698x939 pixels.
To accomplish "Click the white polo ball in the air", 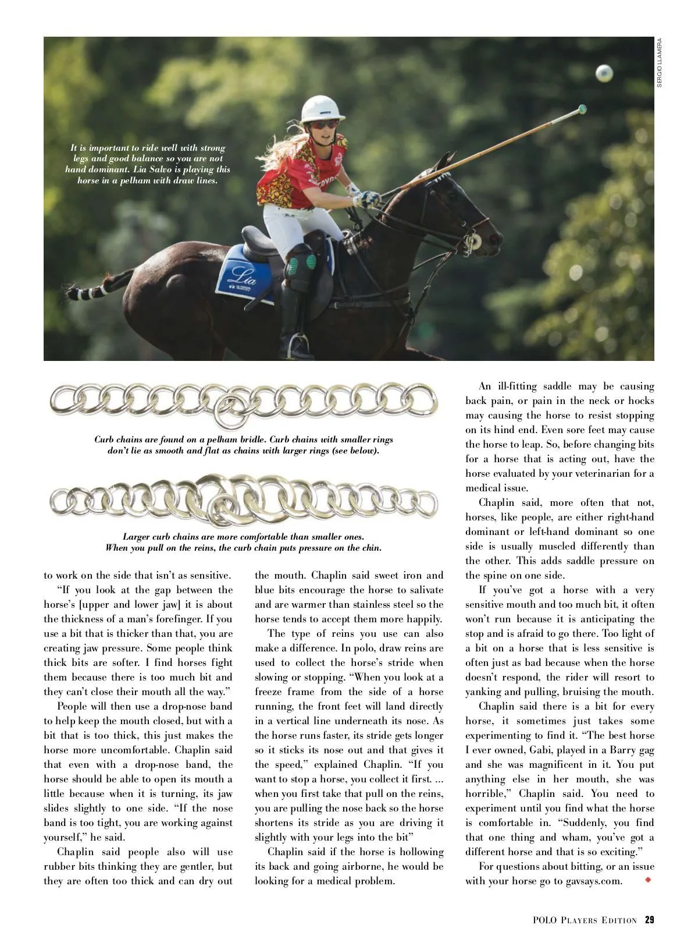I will click(x=604, y=73).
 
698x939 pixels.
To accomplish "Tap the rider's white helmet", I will click(x=321, y=109).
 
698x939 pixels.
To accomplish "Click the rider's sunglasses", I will click(x=323, y=125).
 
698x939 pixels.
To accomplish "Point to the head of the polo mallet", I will click(x=581, y=109).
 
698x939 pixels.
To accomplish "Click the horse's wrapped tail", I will click(x=87, y=289).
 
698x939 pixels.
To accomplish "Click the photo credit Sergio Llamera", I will click(x=660, y=62).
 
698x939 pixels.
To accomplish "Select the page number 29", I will click(x=649, y=920).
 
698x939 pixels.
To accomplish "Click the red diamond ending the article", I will click(x=648, y=880).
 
